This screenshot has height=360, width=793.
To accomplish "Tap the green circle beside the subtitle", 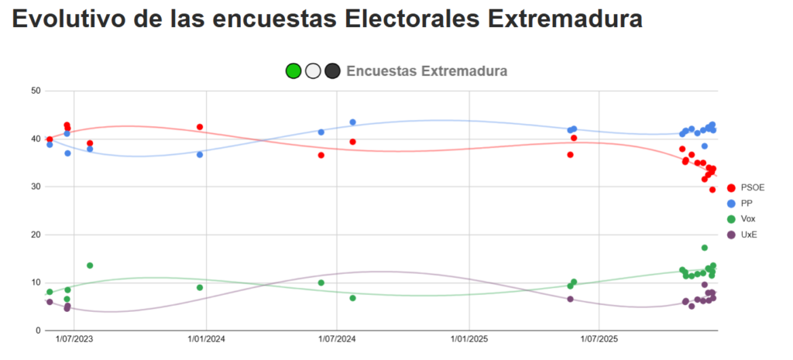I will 294,71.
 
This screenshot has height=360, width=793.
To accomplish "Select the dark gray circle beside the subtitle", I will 332,71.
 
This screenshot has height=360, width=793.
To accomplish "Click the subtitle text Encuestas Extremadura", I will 427,71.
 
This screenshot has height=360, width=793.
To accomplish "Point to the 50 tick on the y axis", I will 35,91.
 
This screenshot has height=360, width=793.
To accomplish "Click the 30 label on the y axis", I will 35,187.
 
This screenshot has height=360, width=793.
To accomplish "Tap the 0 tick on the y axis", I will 37,331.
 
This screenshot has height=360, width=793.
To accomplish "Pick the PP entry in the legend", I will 747,204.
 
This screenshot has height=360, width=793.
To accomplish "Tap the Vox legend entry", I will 748,219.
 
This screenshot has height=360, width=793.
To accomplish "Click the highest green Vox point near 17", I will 705,248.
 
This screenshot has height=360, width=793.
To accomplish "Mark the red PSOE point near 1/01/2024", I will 200,127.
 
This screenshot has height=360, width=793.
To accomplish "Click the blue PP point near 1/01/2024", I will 200,155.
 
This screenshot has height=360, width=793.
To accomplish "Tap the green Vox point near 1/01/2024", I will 200,288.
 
